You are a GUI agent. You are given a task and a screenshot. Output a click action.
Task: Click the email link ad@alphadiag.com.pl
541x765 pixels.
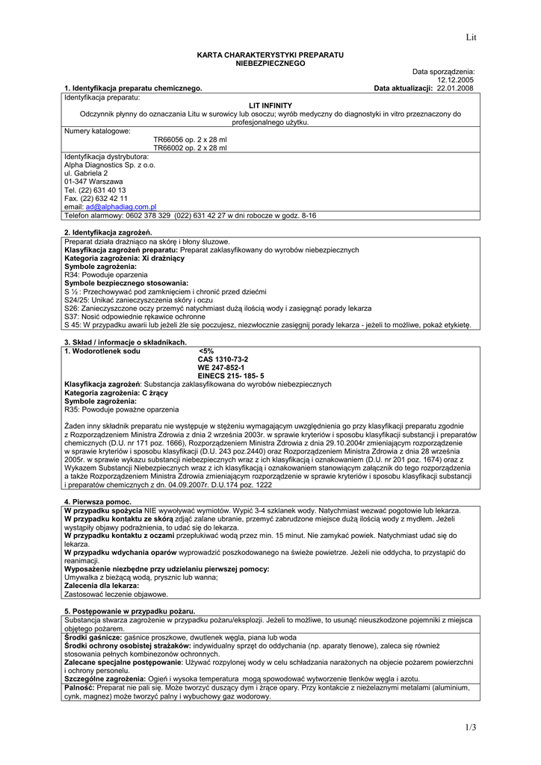pos(121,207)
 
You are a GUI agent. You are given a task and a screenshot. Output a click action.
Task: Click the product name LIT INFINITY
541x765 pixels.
pos(270,105)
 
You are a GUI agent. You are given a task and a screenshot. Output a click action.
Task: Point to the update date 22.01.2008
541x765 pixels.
pos(455,88)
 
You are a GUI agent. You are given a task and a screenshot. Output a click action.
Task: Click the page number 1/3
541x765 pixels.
pos(470,728)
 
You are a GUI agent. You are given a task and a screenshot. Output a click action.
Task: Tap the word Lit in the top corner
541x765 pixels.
pos(471,37)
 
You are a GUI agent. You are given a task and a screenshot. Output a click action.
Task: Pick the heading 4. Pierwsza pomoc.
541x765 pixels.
pos(98,501)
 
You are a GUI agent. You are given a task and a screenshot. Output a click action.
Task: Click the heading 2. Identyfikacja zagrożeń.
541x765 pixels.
pos(108,233)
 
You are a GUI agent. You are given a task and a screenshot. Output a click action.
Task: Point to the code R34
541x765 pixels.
pos(72,275)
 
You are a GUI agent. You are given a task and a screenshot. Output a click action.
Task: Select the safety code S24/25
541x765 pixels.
pos(76,300)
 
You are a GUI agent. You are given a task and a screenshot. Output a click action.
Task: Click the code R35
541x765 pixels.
pos(72,409)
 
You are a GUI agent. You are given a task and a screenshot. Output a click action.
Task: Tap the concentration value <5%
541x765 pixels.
pos(206,351)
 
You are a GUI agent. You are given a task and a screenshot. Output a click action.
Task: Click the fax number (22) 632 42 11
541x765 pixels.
pos(103,199)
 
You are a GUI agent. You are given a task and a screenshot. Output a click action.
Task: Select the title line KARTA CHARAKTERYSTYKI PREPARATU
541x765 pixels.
pos(270,56)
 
